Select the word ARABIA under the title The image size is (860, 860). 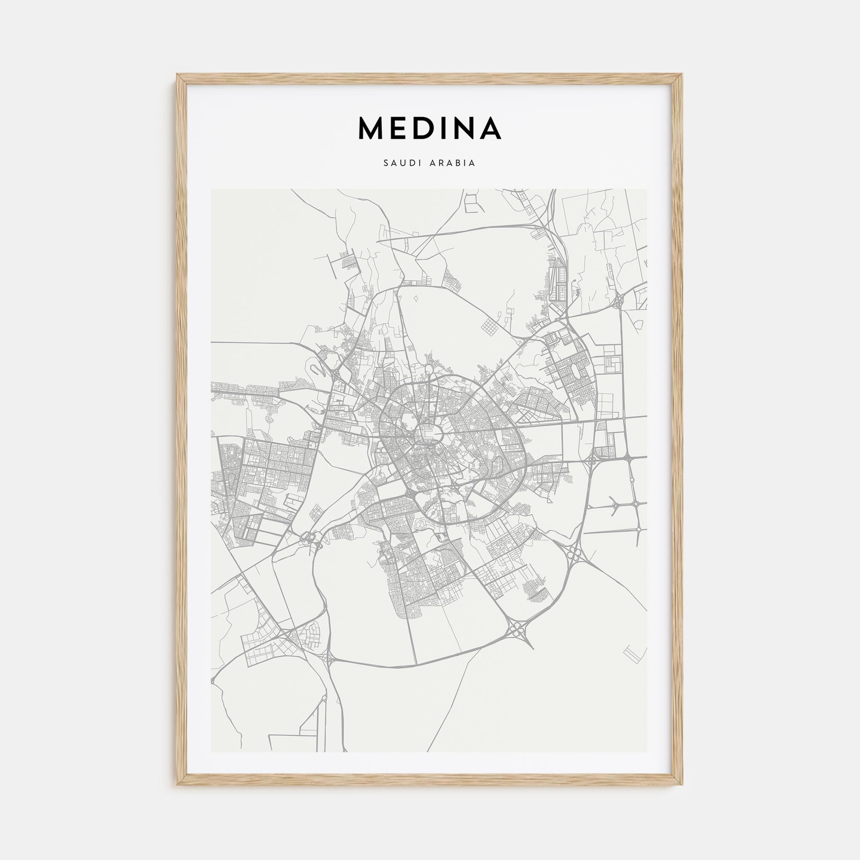[x=456, y=163]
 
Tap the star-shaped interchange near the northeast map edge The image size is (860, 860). [x=618, y=302]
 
